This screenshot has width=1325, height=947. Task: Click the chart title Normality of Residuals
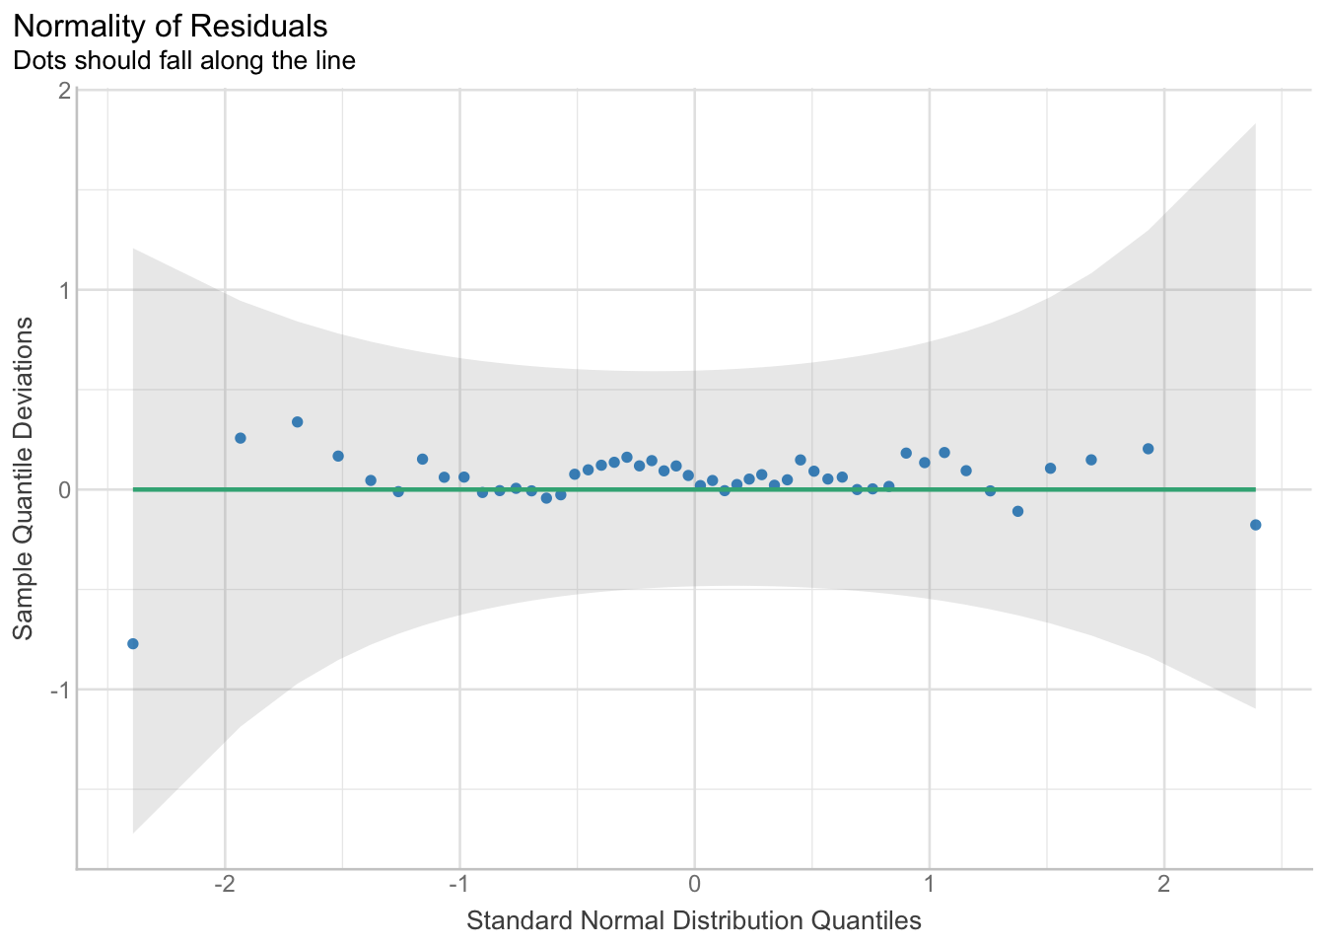171,26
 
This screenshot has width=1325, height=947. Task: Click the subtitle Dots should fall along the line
184,60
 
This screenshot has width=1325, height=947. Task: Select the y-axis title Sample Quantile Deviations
23,478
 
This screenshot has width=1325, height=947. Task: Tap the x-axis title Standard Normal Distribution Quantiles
694,921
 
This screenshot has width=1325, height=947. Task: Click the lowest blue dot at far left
133,644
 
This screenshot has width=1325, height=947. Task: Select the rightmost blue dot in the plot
1255,525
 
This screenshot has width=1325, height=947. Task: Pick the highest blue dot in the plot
297,422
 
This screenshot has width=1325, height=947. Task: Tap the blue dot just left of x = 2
1148,449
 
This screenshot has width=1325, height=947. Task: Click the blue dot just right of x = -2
240,438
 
